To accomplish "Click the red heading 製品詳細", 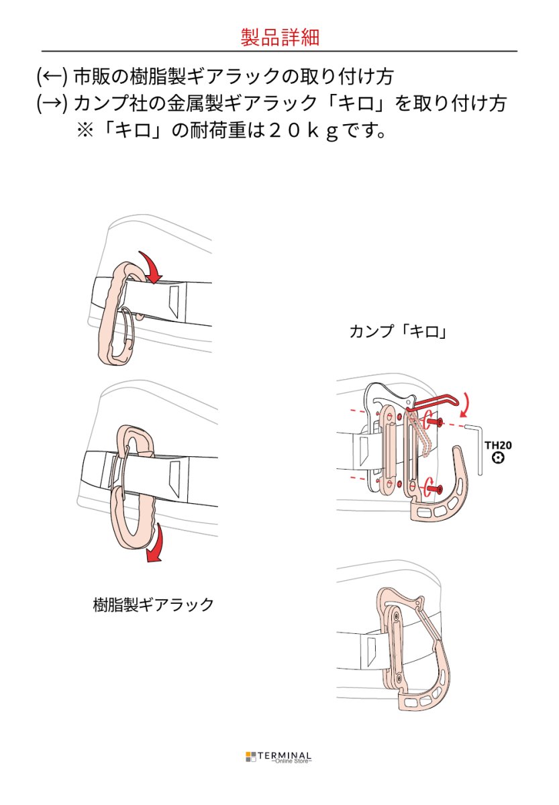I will [x=279, y=37].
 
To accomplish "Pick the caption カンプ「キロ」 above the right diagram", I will [x=397, y=331].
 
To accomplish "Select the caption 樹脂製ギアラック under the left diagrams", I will [x=153, y=604].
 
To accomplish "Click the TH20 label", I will [x=497, y=445].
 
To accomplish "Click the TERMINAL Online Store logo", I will [x=278, y=757].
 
